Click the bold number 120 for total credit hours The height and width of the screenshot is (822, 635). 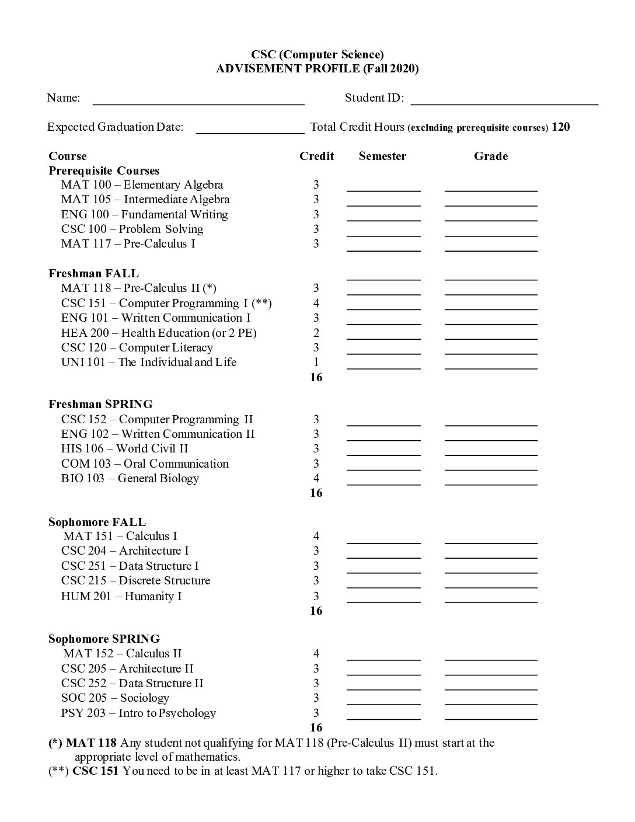point(560,127)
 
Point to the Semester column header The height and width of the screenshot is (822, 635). point(382,156)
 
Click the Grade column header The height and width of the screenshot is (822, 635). point(490,156)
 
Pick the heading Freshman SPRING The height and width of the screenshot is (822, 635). point(100,404)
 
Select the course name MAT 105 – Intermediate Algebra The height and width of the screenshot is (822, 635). point(145,200)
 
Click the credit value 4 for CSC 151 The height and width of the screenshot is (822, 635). point(316,303)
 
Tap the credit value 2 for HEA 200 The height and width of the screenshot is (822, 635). point(316,333)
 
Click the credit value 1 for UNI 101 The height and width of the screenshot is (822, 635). point(316,362)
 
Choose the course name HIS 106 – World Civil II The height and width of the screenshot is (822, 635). point(124,448)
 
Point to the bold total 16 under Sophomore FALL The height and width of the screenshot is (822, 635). point(316,611)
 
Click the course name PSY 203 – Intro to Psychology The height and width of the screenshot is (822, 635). point(138,713)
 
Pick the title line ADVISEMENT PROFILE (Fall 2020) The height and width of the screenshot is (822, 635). point(317,69)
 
